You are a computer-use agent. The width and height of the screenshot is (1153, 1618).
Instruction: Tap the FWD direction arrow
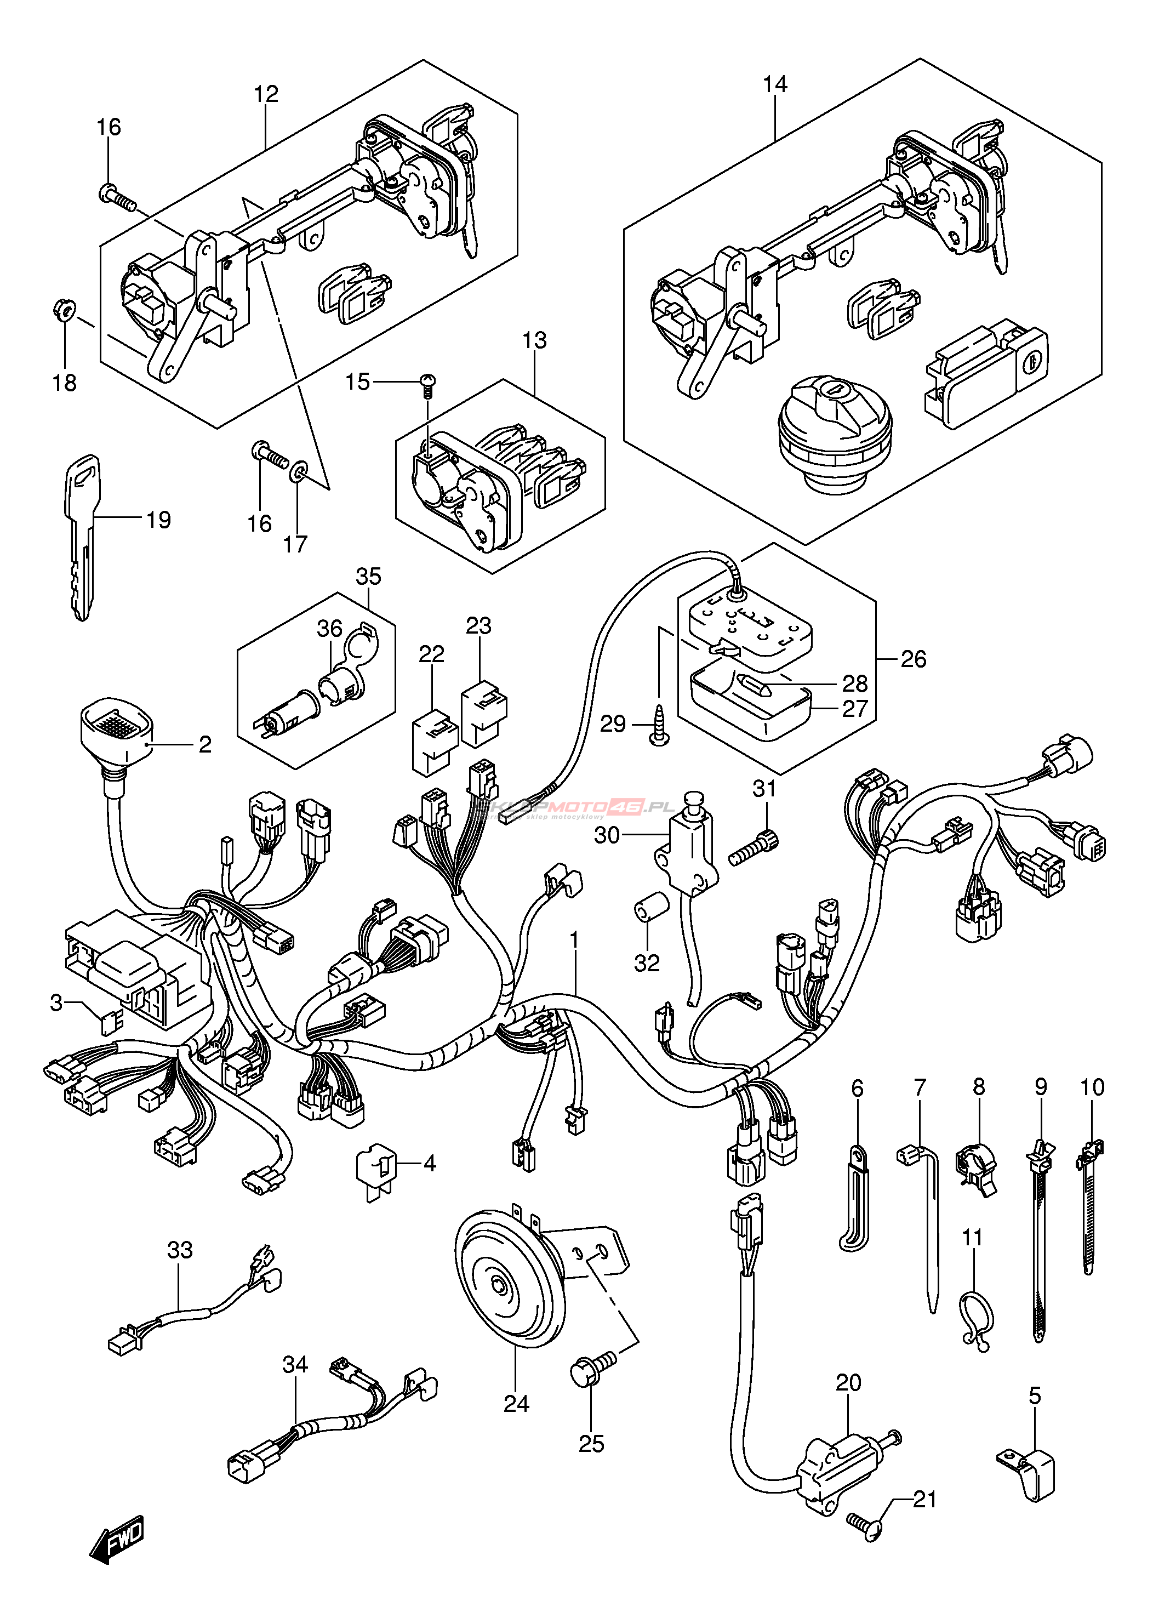(x=117, y=1536)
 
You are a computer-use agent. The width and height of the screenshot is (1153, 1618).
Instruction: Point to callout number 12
(x=266, y=94)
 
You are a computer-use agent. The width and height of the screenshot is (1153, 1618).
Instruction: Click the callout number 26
(x=913, y=659)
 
